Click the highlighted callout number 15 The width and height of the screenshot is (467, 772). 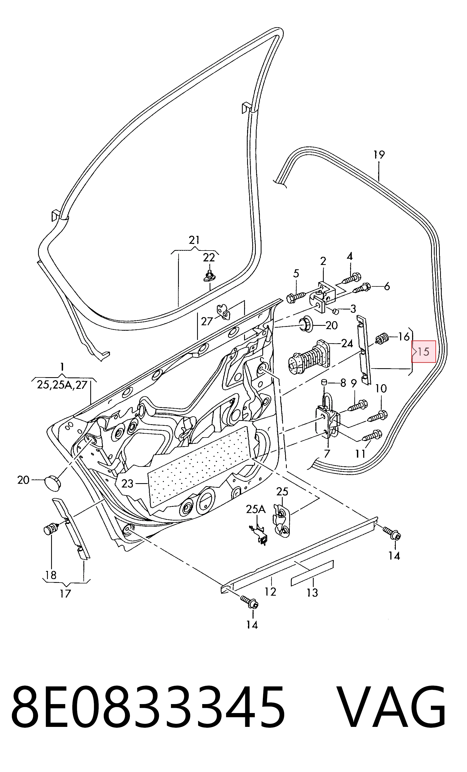[x=424, y=352]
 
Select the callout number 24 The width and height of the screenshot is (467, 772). [x=347, y=344]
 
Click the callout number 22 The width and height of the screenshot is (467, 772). [x=209, y=258]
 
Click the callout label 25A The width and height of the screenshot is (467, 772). [x=256, y=510]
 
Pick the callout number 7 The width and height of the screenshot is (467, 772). [x=327, y=453]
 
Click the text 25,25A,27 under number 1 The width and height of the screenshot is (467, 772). [x=62, y=385]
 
